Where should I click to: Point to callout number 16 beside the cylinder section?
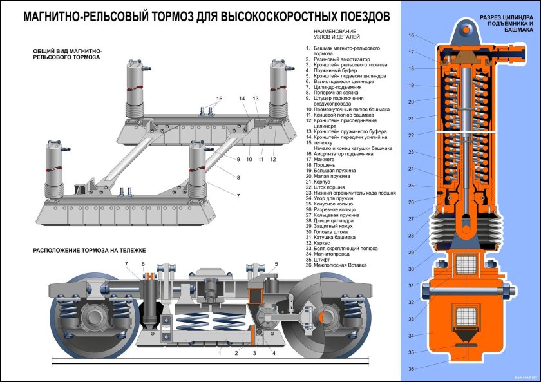(x=412, y=35)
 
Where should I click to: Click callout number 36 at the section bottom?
(x=412, y=369)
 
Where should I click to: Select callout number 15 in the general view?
(x=219, y=99)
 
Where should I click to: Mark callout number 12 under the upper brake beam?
(x=273, y=158)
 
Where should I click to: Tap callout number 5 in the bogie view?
(x=276, y=264)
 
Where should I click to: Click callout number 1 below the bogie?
(x=220, y=353)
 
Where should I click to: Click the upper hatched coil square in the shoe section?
(x=464, y=265)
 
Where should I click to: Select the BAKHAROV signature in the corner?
(x=524, y=377)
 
